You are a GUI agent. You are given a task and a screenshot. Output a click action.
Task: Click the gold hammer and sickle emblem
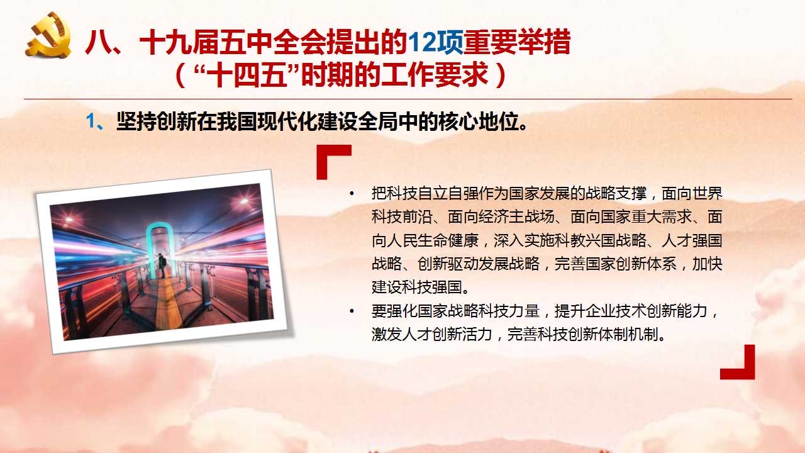coord(48,35)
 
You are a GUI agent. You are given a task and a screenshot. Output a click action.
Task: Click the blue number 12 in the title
coord(421,42)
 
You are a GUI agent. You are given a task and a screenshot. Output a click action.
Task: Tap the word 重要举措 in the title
coord(517,42)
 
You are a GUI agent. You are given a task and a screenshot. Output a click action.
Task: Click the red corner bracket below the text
coord(738,362)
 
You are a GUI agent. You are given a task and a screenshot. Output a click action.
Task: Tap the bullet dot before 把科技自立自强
coord(352,194)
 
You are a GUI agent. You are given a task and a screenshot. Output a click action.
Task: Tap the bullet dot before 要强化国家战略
coord(352,311)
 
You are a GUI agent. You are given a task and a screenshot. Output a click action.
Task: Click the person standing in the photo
coord(162,266)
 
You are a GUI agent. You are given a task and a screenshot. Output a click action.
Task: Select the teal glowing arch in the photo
coord(160,248)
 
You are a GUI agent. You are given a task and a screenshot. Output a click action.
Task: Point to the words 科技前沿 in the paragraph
coord(402,217)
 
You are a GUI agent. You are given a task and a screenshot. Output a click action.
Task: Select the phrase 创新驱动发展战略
coord(479,264)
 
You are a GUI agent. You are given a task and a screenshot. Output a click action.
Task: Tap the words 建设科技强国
coord(417,288)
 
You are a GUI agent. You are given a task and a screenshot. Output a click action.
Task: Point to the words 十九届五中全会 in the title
coord(233,42)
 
